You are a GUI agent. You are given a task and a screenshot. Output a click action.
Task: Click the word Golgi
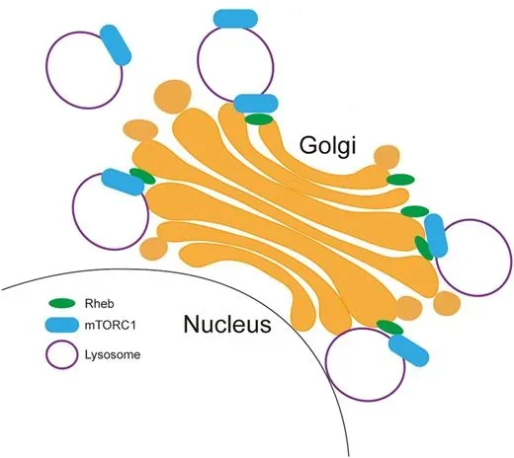327,146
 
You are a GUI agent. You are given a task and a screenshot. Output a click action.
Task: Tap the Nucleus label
227,324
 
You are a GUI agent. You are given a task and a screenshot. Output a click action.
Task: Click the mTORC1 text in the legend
111,326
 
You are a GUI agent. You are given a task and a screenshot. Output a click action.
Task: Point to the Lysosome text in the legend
113,354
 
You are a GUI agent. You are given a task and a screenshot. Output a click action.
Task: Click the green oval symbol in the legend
61,303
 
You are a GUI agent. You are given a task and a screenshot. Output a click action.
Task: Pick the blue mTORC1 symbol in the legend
61,326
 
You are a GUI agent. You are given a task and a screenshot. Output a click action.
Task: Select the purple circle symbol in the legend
62,354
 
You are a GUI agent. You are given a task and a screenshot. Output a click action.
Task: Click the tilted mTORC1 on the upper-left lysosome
116,44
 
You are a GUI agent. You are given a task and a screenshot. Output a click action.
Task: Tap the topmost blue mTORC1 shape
235,19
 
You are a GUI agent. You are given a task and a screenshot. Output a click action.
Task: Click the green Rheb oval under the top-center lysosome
259,119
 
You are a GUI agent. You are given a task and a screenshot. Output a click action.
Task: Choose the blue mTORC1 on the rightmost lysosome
436,235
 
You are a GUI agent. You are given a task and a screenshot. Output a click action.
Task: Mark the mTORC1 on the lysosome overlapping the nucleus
408,350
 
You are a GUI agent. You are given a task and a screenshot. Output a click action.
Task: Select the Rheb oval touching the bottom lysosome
389,327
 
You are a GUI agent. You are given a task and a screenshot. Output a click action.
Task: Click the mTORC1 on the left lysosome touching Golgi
123,182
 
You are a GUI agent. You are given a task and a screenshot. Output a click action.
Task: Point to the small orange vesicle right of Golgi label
386,156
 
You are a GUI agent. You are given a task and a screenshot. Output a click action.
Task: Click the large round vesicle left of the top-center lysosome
173,97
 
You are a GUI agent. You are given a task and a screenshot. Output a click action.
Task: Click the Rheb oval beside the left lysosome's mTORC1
142,176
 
